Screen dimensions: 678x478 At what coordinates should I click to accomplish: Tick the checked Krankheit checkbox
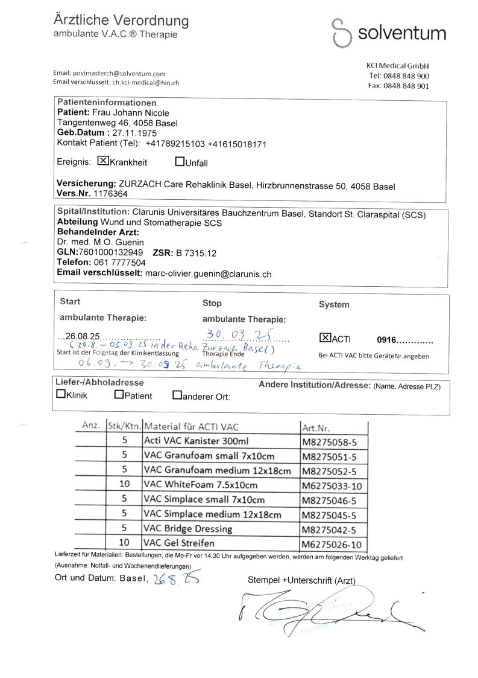[x=103, y=161]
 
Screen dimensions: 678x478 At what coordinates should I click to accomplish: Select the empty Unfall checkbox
[x=180, y=161]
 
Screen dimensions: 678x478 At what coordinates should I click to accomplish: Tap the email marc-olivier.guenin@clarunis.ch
[x=209, y=273]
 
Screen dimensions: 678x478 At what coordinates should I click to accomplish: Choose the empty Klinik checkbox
[x=61, y=395]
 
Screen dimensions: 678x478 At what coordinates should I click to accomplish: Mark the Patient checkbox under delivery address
[x=119, y=395]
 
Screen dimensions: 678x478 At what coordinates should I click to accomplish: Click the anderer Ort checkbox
[x=177, y=395]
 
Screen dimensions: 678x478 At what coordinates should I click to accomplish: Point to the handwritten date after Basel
[x=176, y=579]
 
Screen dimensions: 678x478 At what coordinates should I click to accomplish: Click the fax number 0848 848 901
[x=399, y=86]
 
